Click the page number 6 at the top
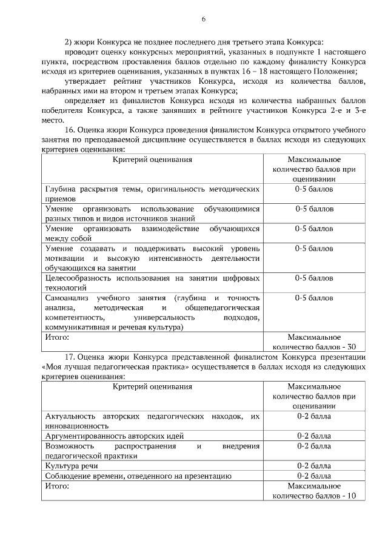click(204, 19)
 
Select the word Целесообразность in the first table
click(77, 278)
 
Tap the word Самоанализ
click(70, 298)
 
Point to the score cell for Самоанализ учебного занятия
click(313, 298)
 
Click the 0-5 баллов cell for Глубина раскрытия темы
click(313, 190)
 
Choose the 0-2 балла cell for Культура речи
click(313, 466)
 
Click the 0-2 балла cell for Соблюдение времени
click(313, 476)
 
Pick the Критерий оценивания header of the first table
click(153, 160)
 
